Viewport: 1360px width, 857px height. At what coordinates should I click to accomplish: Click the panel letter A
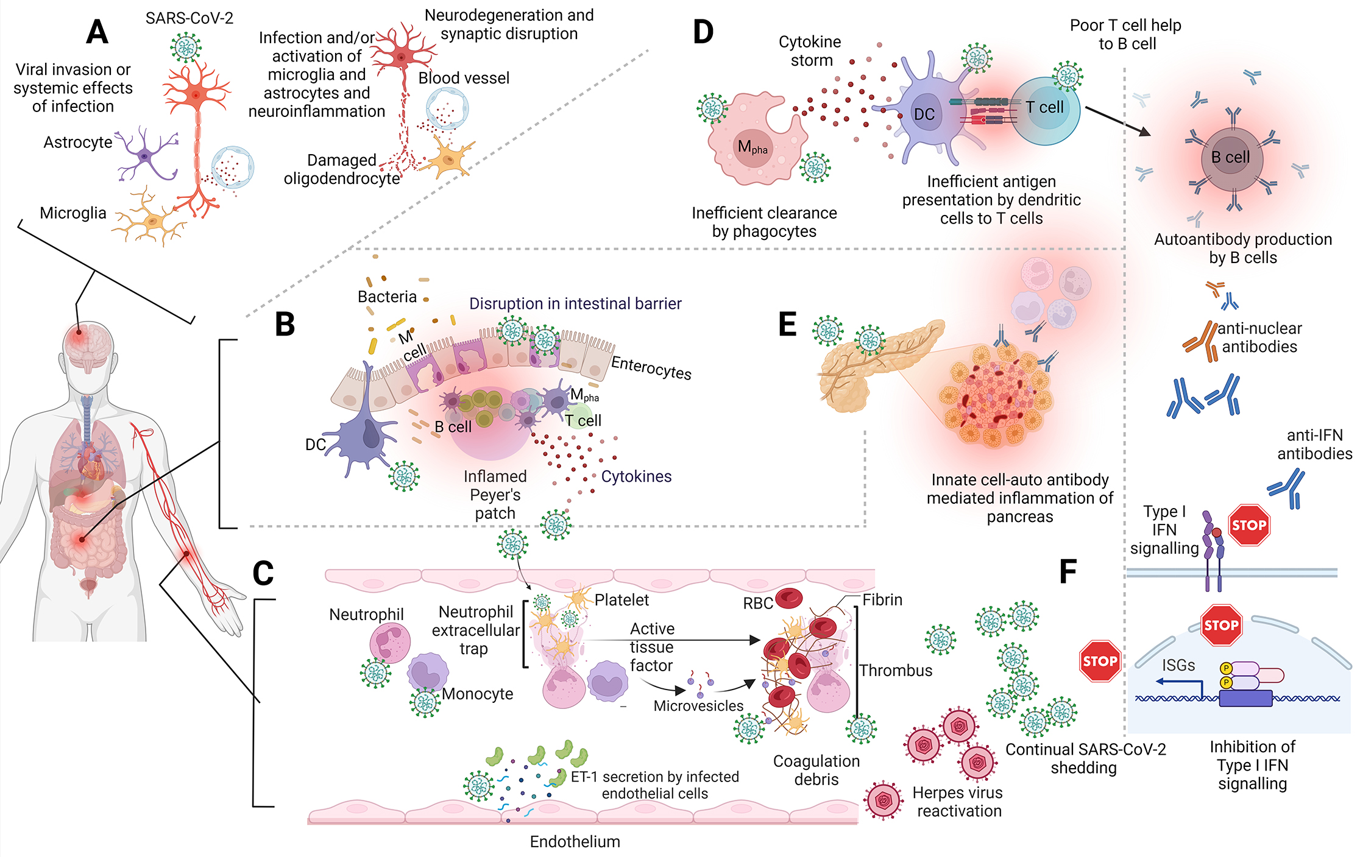(97, 32)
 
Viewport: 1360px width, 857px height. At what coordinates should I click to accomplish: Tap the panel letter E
(787, 324)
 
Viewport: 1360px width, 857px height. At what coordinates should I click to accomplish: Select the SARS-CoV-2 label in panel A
(189, 18)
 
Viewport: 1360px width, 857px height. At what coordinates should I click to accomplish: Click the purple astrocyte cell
(144, 155)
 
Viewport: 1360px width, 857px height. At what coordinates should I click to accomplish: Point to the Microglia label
(73, 213)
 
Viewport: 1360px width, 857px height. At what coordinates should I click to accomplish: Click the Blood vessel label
(464, 78)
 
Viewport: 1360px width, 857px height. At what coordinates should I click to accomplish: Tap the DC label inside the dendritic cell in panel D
(924, 115)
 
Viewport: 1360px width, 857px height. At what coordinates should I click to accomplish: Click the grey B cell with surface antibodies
(1231, 158)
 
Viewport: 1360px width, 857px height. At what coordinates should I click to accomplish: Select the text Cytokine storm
(810, 51)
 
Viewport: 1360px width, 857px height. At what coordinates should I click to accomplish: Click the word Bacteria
(387, 297)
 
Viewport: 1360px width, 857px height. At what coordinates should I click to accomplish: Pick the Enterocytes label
(651, 368)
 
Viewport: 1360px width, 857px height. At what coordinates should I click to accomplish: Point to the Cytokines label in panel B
(636, 476)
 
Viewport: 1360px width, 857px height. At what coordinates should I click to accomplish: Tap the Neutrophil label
(366, 615)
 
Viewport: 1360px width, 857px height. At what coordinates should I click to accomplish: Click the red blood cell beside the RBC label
(789, 598)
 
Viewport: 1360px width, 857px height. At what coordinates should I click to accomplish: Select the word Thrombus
(896, 671)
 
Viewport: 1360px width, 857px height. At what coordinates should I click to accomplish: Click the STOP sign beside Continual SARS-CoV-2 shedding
(1100, 661)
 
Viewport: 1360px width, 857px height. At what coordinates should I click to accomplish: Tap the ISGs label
(1178, 666)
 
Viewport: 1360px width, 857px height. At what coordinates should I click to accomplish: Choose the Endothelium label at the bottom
(575, 842)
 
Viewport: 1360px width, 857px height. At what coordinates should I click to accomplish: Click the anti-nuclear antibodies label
(1259, 337)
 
